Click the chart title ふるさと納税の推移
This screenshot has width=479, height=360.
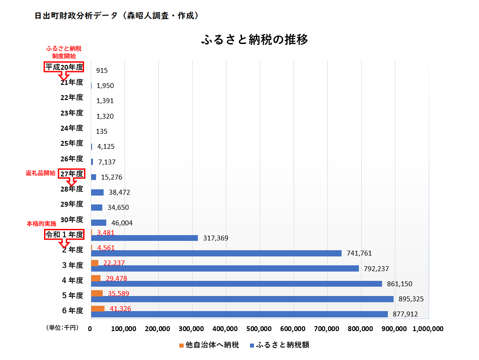click(255, 40)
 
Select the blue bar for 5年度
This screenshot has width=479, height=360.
click(242, 299)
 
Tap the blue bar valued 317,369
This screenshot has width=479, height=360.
click(144, 238)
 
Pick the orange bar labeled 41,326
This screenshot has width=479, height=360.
click(98, 308)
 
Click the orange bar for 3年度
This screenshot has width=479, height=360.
click(95, 263)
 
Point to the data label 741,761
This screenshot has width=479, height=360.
click(359, 253)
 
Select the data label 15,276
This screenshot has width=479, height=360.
click(112, 177)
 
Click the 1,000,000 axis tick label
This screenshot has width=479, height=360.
click(428, 329)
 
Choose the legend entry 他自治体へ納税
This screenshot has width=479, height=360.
click(209, 345)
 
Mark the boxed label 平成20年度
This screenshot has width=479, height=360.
click(64, 67)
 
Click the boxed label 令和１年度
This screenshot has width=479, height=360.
click(64, 235)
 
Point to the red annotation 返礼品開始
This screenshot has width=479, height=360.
click(40, 174)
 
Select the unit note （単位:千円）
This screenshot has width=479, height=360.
click(62, 328)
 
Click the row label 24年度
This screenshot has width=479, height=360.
click(72, 128)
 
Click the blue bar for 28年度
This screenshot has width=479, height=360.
click(97, 192)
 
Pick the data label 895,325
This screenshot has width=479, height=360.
click(411, 299)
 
